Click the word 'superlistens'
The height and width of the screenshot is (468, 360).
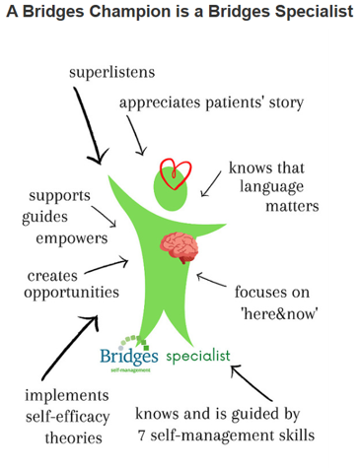pos(111,73)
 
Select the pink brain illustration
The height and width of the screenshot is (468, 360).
pos(180,247)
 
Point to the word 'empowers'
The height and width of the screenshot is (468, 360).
pos(72,238)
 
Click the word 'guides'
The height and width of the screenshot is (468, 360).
pos(44,217)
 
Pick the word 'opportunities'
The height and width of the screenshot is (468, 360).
pos(71,293)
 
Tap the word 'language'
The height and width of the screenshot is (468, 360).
pos(271,187)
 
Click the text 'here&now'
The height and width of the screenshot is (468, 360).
pos(280,313)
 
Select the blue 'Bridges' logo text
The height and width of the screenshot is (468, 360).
pos(129,356)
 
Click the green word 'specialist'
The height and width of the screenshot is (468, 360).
pos(198,356)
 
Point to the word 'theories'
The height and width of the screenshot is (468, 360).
pos(73,437)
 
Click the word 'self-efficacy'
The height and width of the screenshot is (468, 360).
pos(68,417)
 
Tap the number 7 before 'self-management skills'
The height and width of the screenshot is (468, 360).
pos(141,435)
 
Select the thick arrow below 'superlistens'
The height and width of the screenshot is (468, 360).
pos(88,124)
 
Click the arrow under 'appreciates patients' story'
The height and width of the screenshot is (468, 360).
pos(135,134)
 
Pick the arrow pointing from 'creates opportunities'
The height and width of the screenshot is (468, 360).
pos(107,266)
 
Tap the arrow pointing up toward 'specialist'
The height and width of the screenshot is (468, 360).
pos(252,383)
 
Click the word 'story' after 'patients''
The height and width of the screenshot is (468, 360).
pos(286,102)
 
